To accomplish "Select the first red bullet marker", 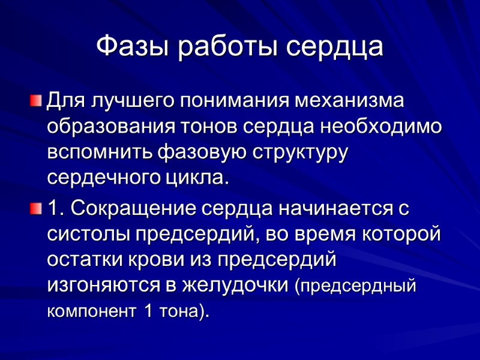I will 37,99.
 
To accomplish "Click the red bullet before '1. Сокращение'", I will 37,208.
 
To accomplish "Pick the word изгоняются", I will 100,286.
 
